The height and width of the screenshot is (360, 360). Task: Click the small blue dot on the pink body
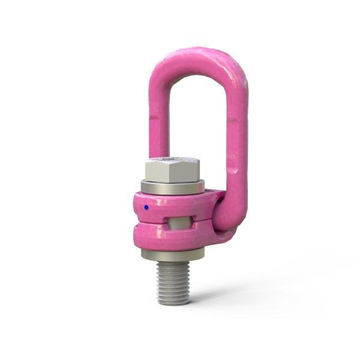pyautogui.click(x=146, y=208)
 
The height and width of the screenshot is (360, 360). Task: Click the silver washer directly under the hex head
pyautogui.click(x=172, y=187)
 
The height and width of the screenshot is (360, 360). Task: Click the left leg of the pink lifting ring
pyautogui.click(x=158, y=120)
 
